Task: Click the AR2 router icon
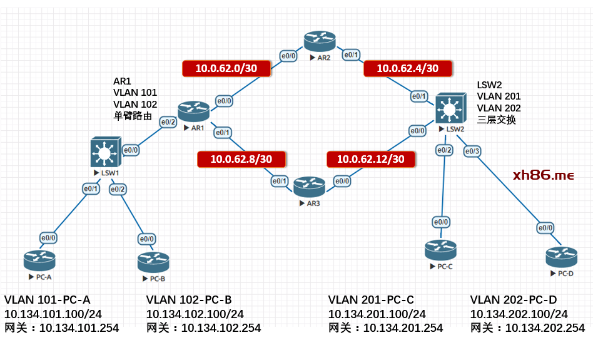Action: click(320, 42)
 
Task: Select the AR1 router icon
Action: click(193, 111)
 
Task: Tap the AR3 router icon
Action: click(309, 187)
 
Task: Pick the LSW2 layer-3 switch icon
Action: click(451, 108)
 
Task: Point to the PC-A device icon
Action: click(40, 259)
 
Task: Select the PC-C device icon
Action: click(441, 250)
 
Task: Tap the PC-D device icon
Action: click(561, 256)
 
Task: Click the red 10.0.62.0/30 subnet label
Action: click(226, 69)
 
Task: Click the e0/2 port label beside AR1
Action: click(168, 122)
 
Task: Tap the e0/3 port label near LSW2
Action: click(473, 151)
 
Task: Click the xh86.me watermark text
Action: click(543, 176)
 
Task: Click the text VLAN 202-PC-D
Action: click(513, 300)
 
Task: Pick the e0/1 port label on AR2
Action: click(352, 55)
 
